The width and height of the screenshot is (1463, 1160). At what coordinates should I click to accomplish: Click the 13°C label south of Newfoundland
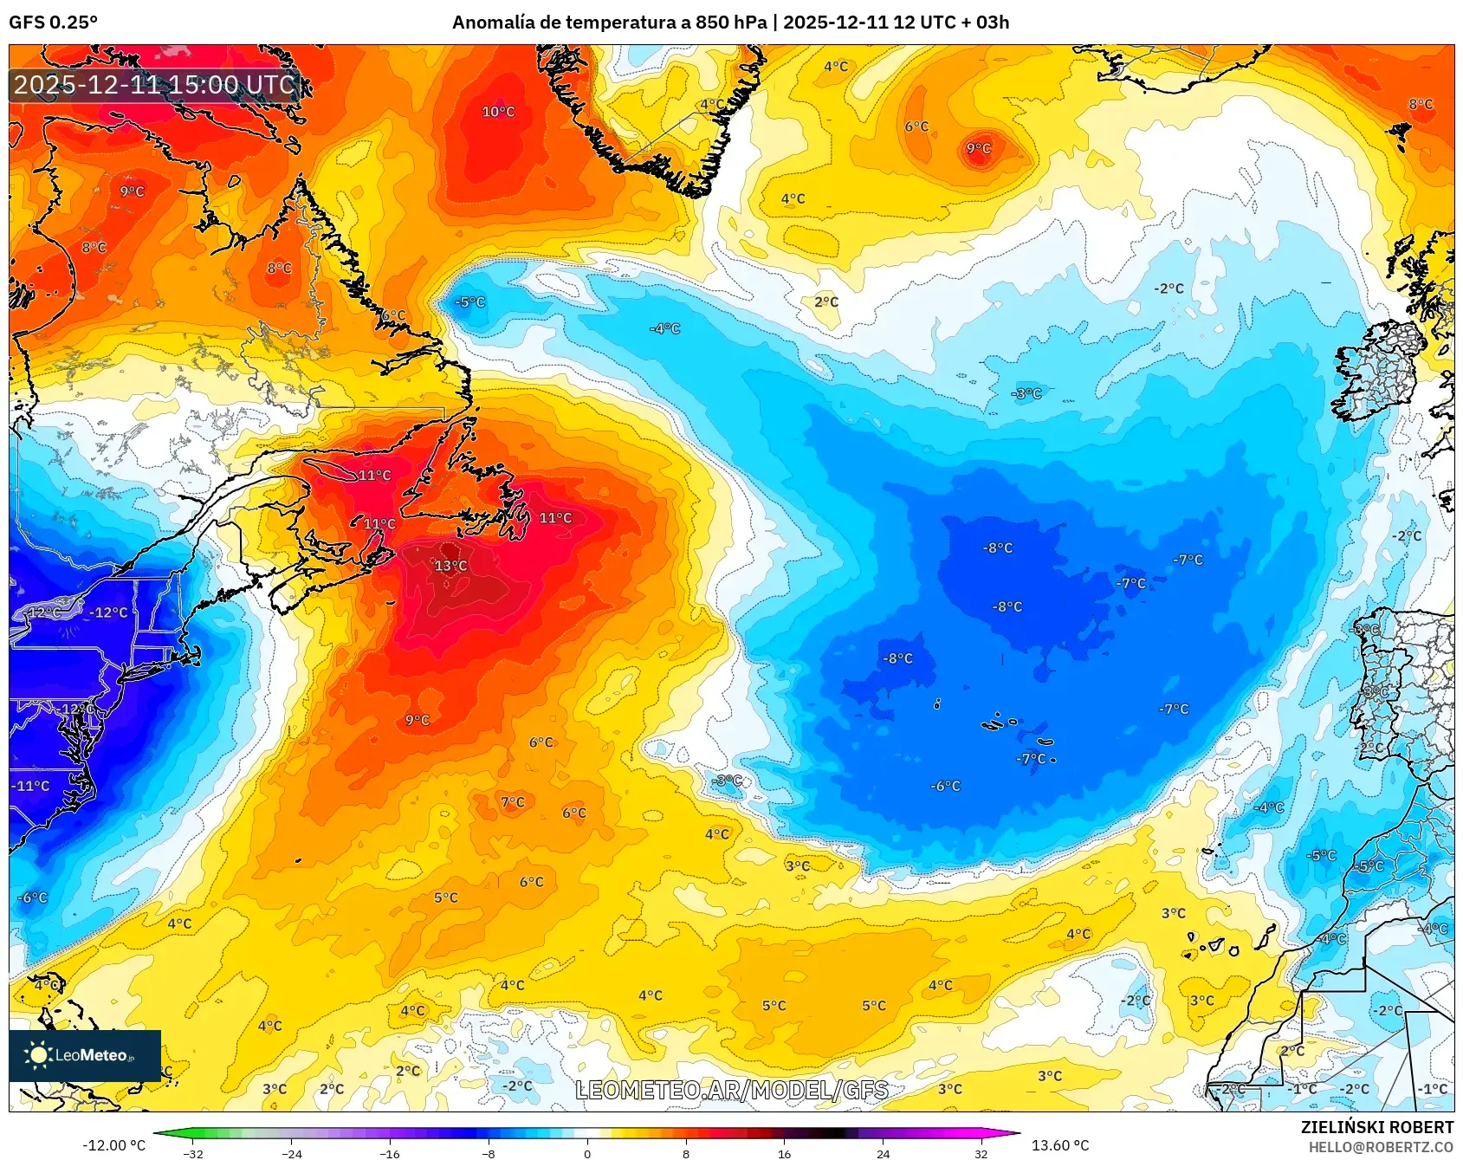(450, 566)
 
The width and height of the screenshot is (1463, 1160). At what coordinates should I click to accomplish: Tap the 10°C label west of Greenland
(498, 112)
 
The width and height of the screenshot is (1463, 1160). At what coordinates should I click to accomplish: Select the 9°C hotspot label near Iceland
(979, 149)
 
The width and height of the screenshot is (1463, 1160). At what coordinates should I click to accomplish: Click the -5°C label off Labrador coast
(470, 302)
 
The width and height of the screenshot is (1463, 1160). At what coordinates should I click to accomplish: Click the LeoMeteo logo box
(85, 1055)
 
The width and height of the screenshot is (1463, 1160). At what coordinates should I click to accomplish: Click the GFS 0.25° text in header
(53, 23)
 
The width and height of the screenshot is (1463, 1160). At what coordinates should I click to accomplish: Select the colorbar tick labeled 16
(784, 1153)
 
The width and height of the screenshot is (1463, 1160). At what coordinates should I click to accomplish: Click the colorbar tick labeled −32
(194, 1153)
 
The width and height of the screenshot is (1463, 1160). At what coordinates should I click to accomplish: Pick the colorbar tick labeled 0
(587, 1153)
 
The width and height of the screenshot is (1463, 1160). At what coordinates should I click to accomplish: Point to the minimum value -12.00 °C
(113, 1145)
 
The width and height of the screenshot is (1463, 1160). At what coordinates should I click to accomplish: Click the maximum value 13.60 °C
(1059, 1145)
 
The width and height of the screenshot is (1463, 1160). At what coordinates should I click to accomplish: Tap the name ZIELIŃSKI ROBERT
(1376, 1127)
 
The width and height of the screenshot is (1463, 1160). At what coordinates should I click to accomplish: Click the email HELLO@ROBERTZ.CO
(1380, 1147)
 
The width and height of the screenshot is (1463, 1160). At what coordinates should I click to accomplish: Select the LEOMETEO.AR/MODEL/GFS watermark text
(732, 1090)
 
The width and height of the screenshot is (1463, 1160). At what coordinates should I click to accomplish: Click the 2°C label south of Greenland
(826, 301)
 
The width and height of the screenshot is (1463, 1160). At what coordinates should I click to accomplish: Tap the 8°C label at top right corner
(1421, 104)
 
